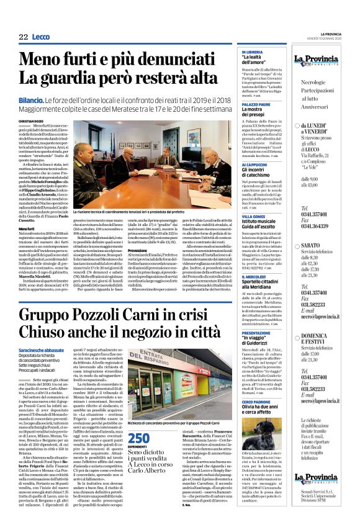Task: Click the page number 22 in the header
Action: pos(23,37)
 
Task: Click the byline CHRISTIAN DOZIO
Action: pos(32,120)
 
